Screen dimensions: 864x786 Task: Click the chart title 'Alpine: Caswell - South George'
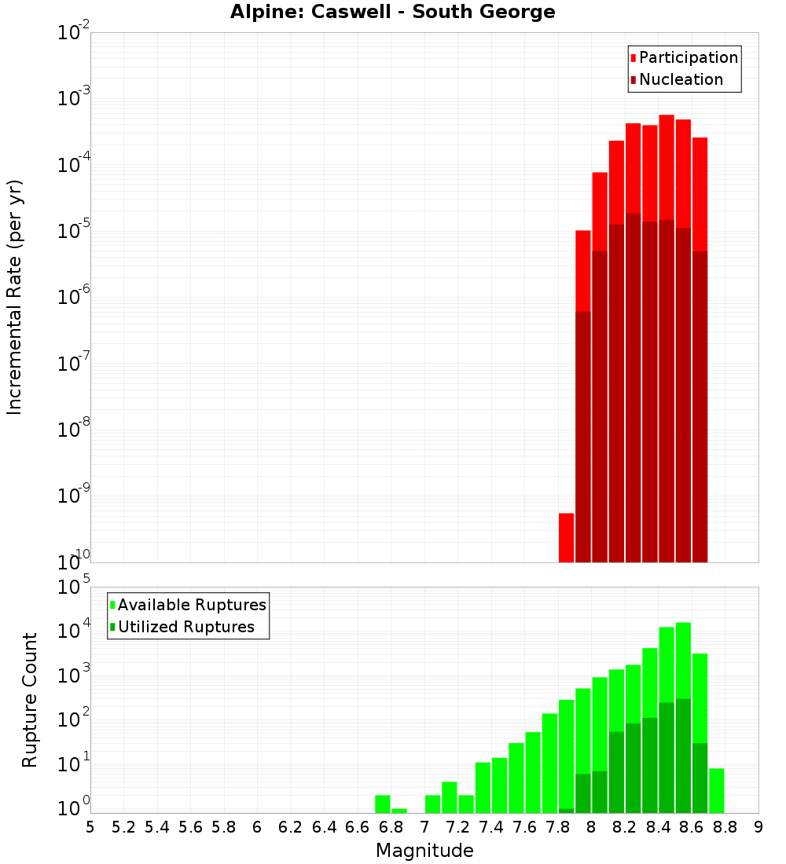pyautogui.click(x=392, y=12)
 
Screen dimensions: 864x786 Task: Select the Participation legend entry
pyautogui.click(x=684, y=57)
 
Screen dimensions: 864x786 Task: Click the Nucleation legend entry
pyautogui.click(x=676, y=79)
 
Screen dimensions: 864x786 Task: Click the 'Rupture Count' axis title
pyautogui.click(x=30, y=700)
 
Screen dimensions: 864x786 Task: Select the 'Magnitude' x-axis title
pyautogui.click(x=424, y=851)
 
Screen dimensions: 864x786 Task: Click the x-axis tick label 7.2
pyautogui.click(x=457, y=827)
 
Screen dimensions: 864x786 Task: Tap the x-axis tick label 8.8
pyautogui.click(x=725, y=827)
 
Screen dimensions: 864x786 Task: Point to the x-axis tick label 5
pyautogui.click(x=90, y=827)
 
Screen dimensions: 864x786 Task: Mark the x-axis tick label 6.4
pyautogui.click(x=324, y=827)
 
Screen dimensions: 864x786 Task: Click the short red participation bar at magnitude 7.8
pyautogui.click(x=566, y=537)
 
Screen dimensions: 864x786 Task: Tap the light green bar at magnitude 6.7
pyautogui.click(x=383, y=804)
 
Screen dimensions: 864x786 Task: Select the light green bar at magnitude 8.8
pyautogui.click(x=716, y=790)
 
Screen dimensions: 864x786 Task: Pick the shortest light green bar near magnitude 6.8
pyautogui.click(x=399, y=811)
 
